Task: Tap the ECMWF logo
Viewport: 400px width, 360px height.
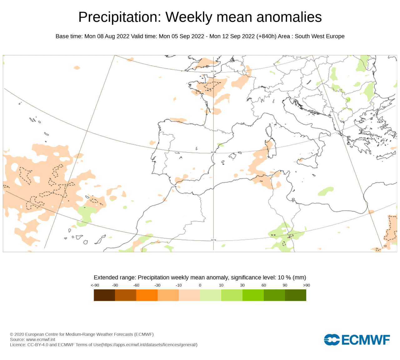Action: [357, 340]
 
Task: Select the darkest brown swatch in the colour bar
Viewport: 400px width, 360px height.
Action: [104, 295]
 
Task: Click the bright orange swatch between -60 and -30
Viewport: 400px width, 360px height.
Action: [147, 295]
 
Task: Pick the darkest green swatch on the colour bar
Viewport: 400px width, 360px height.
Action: [296, 295]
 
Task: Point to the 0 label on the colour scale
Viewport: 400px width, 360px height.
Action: [200, 285]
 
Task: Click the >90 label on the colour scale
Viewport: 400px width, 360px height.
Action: [307, 285]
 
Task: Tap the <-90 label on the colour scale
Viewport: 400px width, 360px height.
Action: [95, 285]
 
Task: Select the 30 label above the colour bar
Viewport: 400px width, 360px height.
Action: [242, 285]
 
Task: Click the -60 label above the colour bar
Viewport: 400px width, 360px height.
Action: [136, 285]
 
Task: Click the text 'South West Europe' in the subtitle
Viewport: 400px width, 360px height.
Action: [320, 36]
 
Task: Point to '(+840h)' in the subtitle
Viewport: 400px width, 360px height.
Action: [266, 36]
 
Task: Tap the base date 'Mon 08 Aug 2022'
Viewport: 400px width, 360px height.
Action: [107, 36]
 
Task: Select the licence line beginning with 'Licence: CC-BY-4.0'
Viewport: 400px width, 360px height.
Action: [104, 345]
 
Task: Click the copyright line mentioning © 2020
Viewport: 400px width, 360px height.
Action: [82, 334]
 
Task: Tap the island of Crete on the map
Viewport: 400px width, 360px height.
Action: [386, 156]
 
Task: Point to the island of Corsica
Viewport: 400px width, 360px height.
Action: [269, 130]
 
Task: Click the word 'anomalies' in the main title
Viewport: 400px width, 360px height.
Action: [289, 17]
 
